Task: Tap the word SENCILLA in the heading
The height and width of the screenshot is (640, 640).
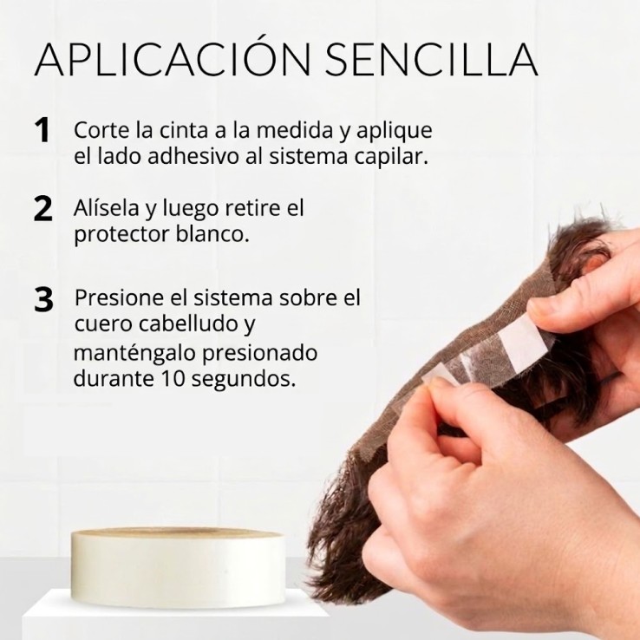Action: click(x=431, y=59)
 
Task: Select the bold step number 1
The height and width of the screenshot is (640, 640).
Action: click(x=42, y=130)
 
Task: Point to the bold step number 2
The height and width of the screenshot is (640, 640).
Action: click(x=42, y=209)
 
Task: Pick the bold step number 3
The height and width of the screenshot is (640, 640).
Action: click(x=43, y=299)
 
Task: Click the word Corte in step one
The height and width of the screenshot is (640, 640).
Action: click(x=102, y=130)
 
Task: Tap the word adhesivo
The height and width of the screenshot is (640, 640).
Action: click(x=193, y=156)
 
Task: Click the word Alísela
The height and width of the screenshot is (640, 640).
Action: click(x=107, y=208)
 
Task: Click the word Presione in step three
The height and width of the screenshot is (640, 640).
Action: click(x=123, y=297)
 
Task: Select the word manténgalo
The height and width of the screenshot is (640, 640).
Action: click(x=134, y=353)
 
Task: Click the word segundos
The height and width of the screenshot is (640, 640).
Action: click(x=244, y=380)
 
